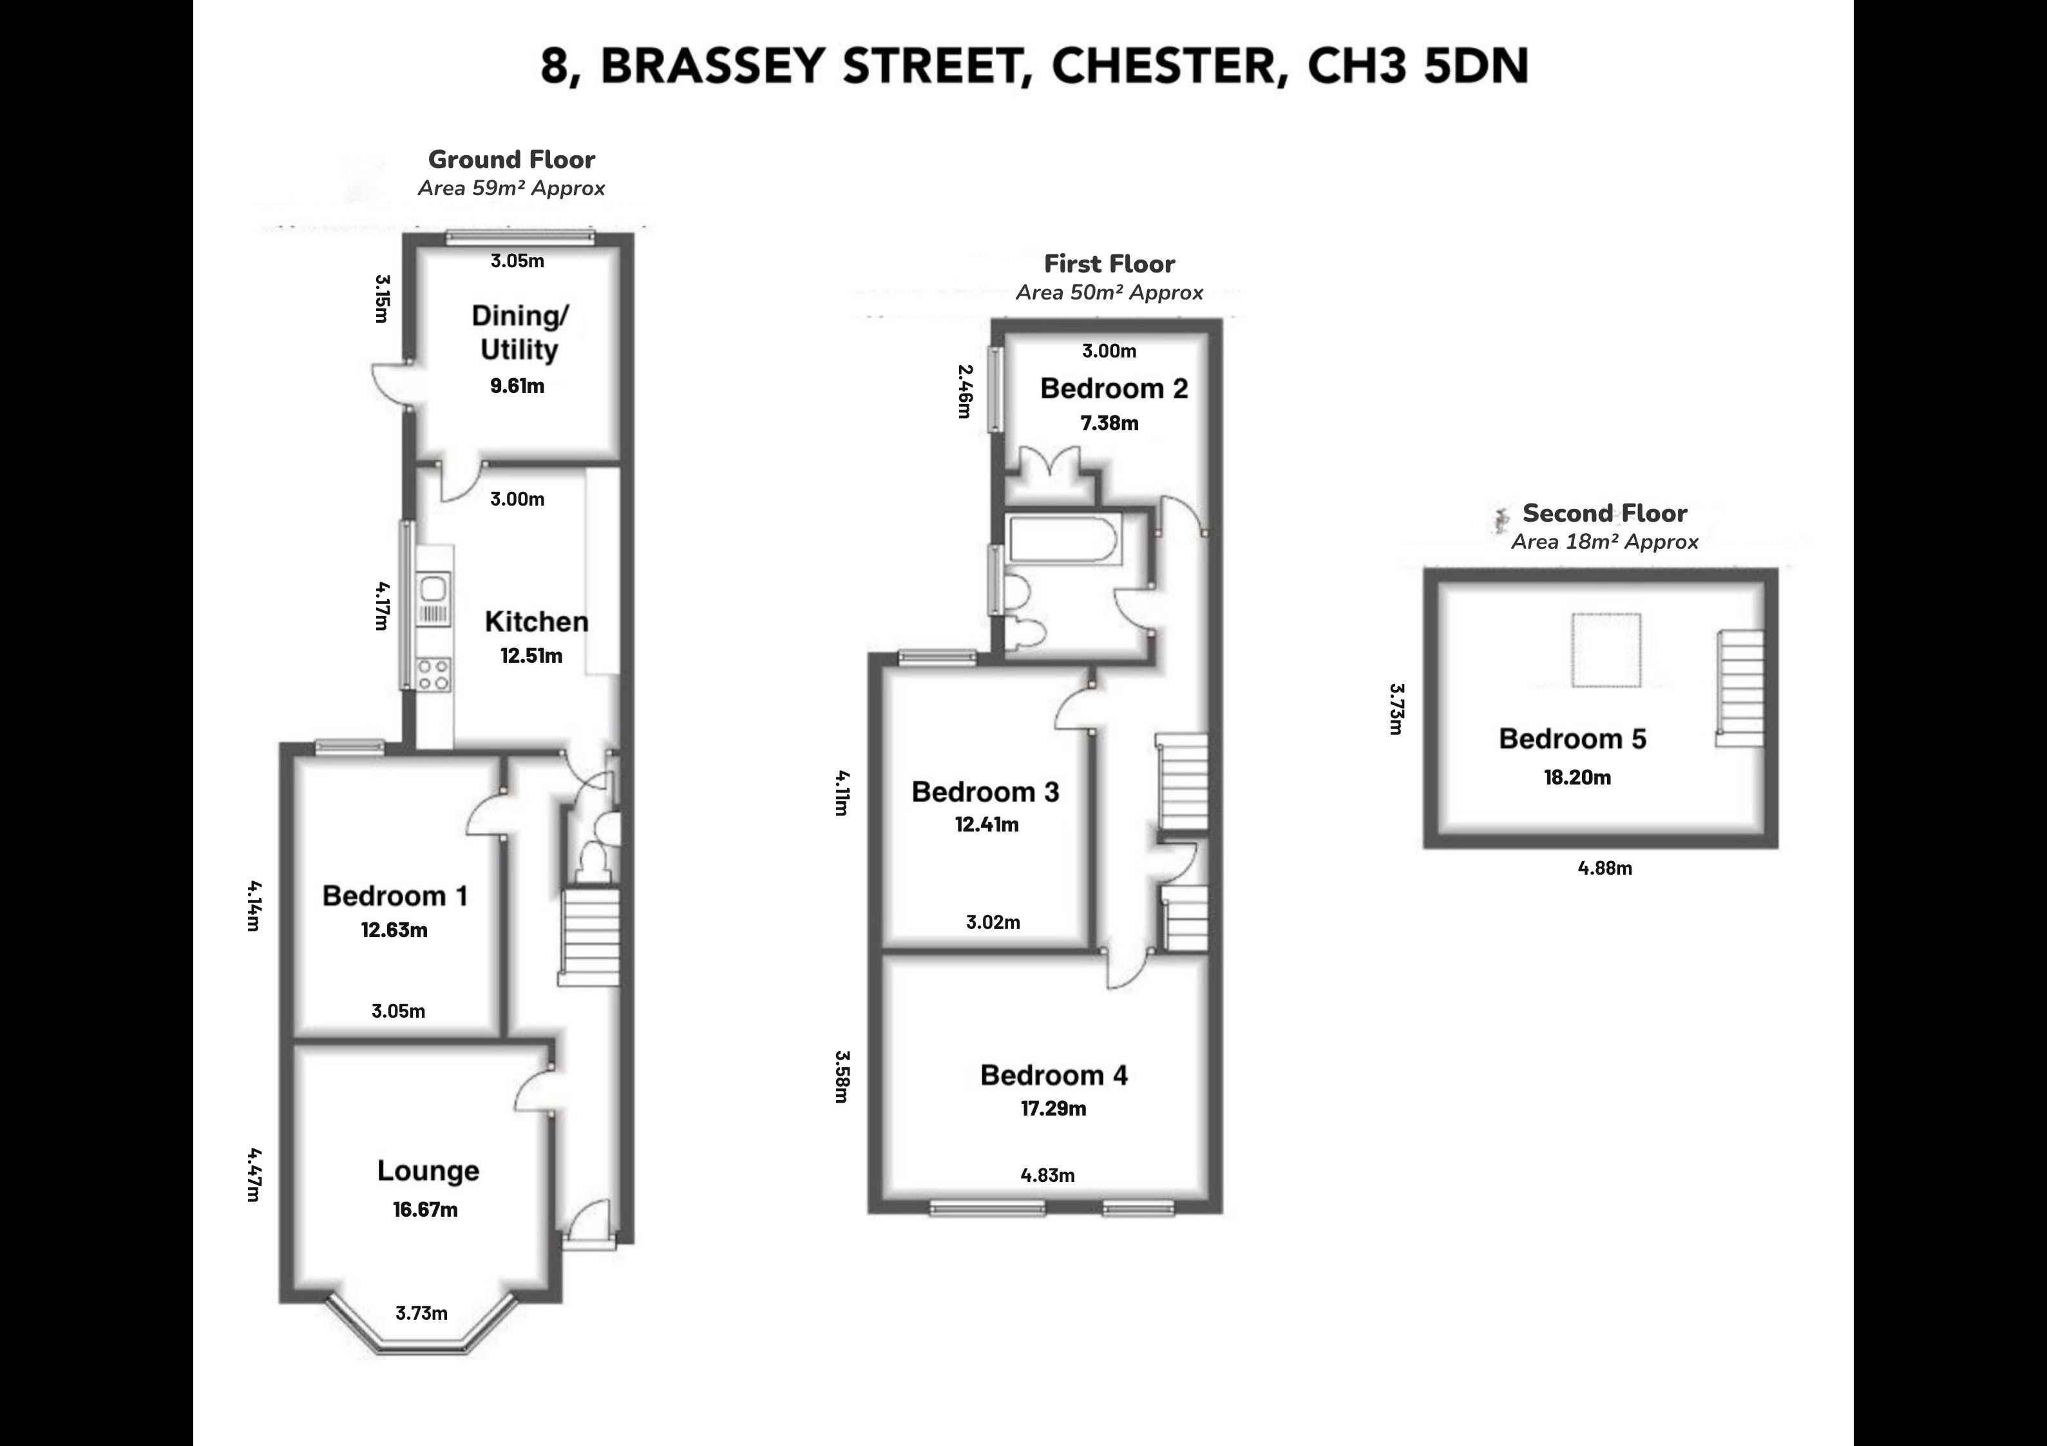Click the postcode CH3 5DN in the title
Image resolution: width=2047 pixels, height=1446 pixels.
pyautogui.click(x=1418, y=66)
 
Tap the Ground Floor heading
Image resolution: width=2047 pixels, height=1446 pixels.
pyautogui.click(x=511, y=160)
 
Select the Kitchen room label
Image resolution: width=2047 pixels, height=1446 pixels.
pyautogui.click(x=537, y=622)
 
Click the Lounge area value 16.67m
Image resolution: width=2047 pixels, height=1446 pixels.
pyautogui.click(x=425, y=1210)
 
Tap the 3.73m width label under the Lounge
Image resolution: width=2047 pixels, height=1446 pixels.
pyautogui.click(x=422, y=1313)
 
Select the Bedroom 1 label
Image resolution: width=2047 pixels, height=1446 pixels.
pyautogui.click(x=395, y=895)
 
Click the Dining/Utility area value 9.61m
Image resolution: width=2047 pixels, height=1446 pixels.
pyautogui.click(x=517, y=386)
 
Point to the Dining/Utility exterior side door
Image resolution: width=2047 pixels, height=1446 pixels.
pyautogui.click(x=390, y=386)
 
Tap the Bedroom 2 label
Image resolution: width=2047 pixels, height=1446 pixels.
pyautogui.click(x=1114, y=388)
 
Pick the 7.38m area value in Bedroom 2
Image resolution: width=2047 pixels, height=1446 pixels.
pyautogui.click(x=1110, y=423)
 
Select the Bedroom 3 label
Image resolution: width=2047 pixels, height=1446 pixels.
pyautogui.click(x=985, y=792)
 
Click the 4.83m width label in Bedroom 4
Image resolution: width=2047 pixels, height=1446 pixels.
pyautogui.click(x=1047, y=1175)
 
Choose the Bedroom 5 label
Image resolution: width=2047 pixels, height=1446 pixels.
pyautogui.click(x=1573, y=738)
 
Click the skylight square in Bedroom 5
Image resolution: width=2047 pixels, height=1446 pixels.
pyautogui.click(x=1606, y=650)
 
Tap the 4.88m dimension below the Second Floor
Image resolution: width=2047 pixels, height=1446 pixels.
pyautogui.click(x=1604, y=868)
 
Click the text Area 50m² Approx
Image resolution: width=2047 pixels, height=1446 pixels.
pyautogui.click(x=1110, y=292)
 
